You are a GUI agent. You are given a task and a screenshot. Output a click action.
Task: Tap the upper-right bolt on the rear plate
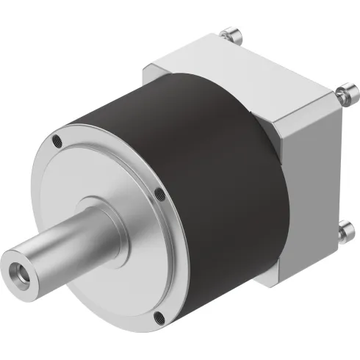coord(343,94)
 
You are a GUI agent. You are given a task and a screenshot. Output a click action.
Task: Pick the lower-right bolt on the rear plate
coord(342,233)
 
